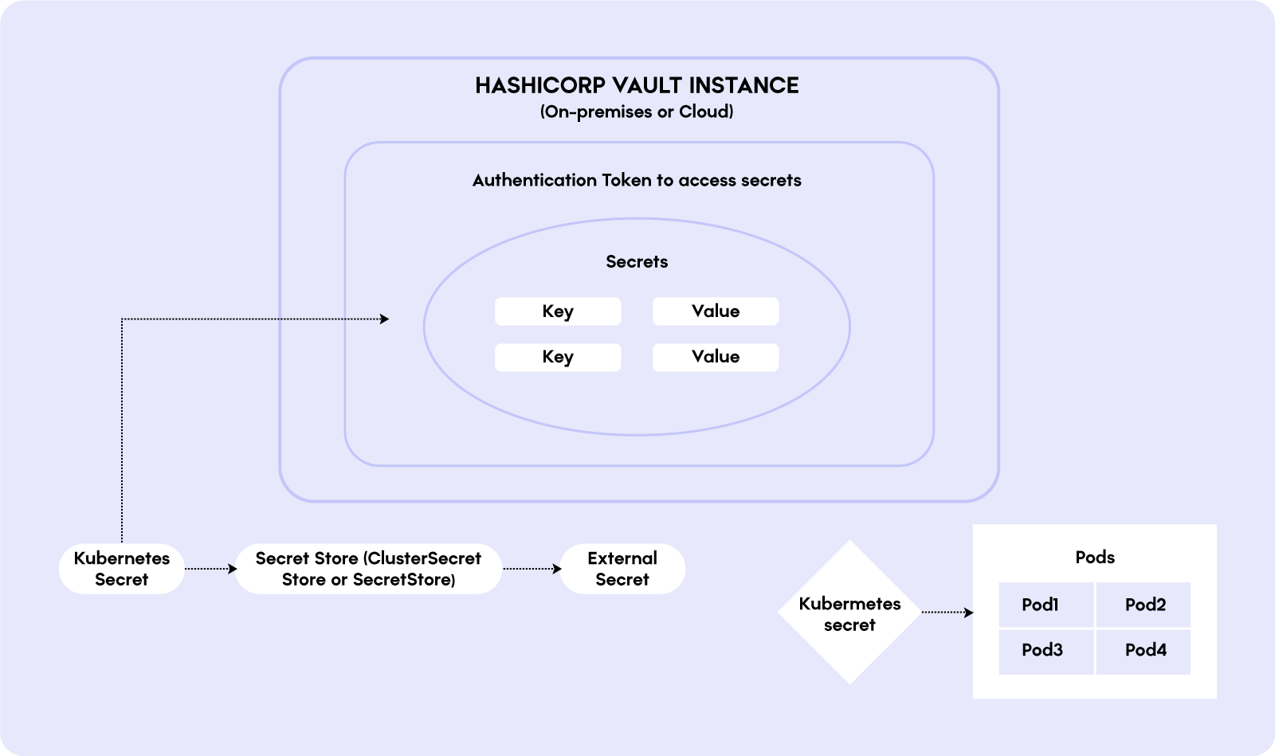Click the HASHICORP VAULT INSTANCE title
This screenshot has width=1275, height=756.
click(x=637, y=85)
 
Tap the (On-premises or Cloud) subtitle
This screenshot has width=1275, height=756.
click(x=637, y=112)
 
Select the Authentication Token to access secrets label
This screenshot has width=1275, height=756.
click(x=637, y=180)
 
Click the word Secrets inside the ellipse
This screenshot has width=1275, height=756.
click(x=637, y=261)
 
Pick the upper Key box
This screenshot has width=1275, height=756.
click(x=558, y=311)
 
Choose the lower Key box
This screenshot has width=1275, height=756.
click(x=558, y=357)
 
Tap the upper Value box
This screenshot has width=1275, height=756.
click(x=716, y=311)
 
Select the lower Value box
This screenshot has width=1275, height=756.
click(x=716, y=357)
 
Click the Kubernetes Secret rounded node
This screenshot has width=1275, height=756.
click(x=122, y=569)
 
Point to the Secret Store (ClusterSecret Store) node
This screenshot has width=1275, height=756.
click(x=368, y=569)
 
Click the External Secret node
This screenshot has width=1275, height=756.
click(x=622, y=569)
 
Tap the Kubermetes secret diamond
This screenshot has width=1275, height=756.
click(x=849, y=613)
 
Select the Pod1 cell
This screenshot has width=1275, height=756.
click(x=1045, y=605)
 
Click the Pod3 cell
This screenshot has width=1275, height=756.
click(x=1045, y=650)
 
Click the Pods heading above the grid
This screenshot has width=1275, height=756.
click(x=1095, y=557)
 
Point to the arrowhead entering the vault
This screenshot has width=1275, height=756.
click(x=385, y=319)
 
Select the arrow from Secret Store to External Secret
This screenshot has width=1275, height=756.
click(x=532, y=569)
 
